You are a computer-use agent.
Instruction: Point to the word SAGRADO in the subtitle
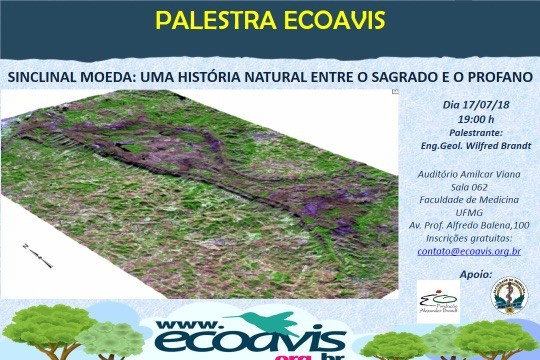coord(400,76)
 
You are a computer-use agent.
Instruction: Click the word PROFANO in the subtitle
coord(496,76)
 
